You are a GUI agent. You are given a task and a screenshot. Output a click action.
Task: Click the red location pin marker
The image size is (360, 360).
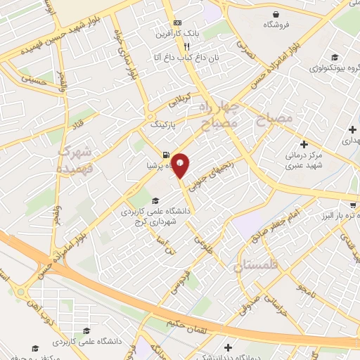[x=181, y=165]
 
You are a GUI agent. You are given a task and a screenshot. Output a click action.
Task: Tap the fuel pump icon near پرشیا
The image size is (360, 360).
[x=165, y=155]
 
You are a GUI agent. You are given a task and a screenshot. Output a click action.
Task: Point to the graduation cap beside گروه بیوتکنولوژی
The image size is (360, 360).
[x=335, y=57]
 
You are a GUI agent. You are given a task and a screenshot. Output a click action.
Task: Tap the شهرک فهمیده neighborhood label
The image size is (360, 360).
[x=72, y=160]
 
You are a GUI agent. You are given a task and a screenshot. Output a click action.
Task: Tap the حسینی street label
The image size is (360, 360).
[x=33, y=81]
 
